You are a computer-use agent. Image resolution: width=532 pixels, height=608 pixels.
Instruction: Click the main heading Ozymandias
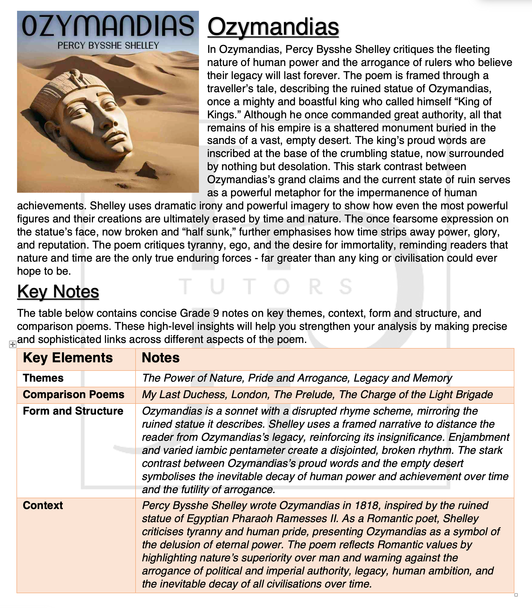[x=273, y=27]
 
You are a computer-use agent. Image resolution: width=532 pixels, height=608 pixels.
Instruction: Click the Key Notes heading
[x=58, y=291]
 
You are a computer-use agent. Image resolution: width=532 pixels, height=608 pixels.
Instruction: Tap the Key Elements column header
[x=68, y=358]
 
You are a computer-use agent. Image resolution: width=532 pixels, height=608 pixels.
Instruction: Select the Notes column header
[x=161, y=358]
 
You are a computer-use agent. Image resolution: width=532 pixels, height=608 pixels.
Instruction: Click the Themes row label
[x=43, y=378]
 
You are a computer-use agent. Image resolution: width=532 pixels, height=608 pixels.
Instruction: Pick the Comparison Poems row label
[x=73, y=394]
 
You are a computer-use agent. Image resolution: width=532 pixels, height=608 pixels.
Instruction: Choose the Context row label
[x=43, y=505]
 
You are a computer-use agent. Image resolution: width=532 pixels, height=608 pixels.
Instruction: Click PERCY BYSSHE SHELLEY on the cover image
[x=108, y=46]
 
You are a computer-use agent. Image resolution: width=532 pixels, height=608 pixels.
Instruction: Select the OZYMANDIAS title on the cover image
[x=108, y=26]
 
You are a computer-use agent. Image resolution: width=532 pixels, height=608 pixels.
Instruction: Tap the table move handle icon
[x=13, y=345]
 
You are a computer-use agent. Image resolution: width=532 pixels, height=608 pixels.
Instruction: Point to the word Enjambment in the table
[x=479, y=437]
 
